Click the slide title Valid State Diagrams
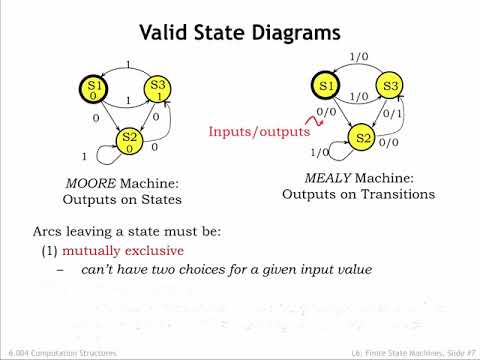coord(240,34)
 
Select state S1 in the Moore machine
coord(95,89)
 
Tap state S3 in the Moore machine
coord(158,89)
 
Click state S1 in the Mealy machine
coord(325,86)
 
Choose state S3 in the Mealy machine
coord(391,87)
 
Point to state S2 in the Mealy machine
coord(364,137)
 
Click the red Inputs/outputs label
coord(259,131)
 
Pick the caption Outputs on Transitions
coord(358,194)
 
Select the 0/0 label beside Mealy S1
coord(326,113)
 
